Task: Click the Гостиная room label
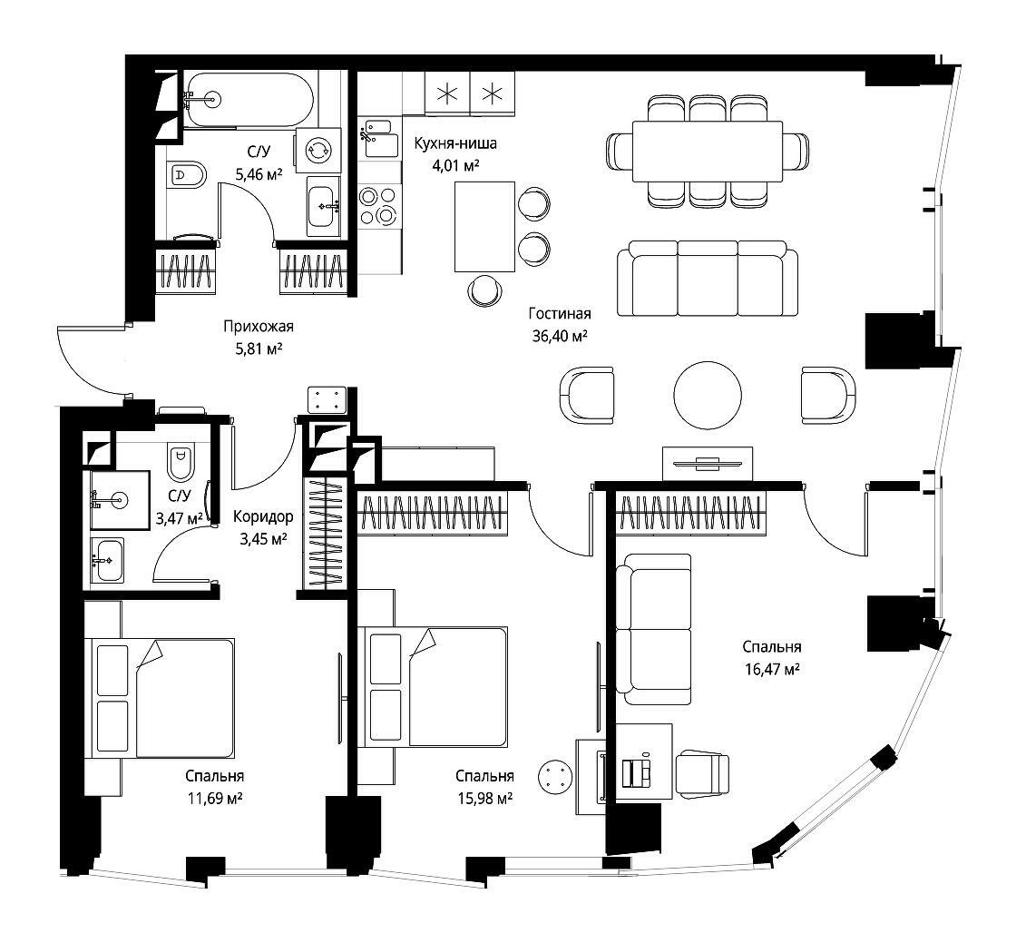(x=560, y=314)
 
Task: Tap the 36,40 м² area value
(x=560, y=336)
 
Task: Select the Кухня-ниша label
(x=455, y=143)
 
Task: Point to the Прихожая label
(x=259, y=326)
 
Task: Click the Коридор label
(x=263, y=516)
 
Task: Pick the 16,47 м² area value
(x=772, y=669)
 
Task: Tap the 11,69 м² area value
(x=215, y=799)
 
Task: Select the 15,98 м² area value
(x=484, y=799)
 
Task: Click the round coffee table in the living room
(x=707, y=396)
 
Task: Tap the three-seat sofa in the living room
(x=707, y=279)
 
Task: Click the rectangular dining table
(x=707, y=152)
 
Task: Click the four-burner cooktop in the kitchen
(x=378, y=205)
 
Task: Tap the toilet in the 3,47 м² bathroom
(x=181, y=462)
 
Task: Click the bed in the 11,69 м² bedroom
(x=162, y=698)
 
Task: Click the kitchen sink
(x=377, y=137)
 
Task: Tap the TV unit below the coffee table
(x=708, y=464)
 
